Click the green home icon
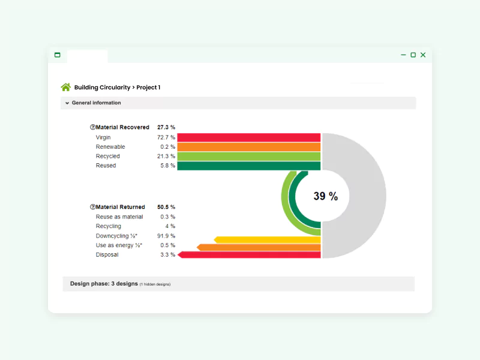66,87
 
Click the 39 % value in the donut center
325,196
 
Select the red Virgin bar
249,137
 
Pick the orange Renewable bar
249,147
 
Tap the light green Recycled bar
249,156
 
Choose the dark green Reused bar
249,166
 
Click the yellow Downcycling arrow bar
268,240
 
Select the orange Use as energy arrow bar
259,247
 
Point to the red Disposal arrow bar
250,255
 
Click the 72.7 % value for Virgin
166,137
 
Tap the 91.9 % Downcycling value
166,236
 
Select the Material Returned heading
120,207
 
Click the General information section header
96,103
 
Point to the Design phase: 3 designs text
104,283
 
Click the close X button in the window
423,55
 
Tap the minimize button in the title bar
403,55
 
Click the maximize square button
413,55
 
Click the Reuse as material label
119,217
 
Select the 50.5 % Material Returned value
166,207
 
